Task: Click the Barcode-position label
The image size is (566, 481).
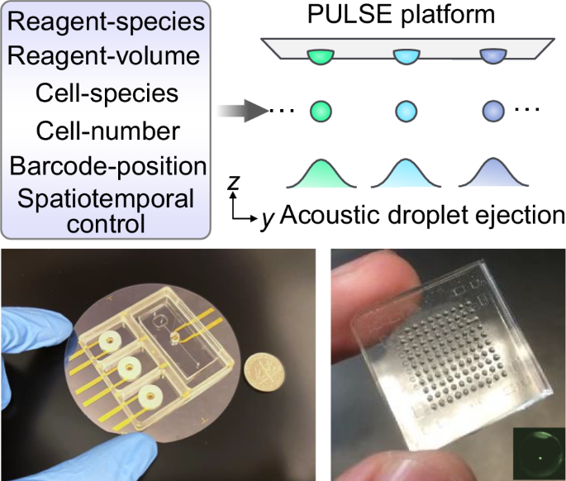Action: tap(107, 165)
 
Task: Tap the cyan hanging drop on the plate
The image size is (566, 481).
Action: tap(405, 57)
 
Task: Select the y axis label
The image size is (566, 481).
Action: tap(267, 218)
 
